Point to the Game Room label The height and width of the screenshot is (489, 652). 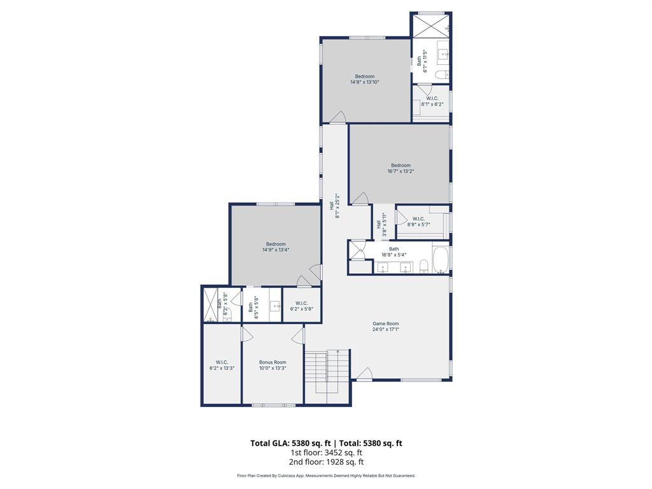click(x=386, y=323)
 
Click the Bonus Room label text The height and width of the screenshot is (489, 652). click(x=273, y=362)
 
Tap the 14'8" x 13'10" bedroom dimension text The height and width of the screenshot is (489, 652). click(x=365, y=82)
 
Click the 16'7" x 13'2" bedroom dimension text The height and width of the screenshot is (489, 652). click(x=400, y=171)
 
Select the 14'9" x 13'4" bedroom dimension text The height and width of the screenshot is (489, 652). click(x=276, y=250)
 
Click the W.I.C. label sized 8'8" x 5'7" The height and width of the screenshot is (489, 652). click(x=418, y=219)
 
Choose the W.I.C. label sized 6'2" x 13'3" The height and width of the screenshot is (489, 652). click(x=222, y=362)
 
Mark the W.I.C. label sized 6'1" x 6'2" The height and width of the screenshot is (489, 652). click(x=432, y=98)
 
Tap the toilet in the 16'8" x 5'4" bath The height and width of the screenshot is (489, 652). click(x=423, y=265)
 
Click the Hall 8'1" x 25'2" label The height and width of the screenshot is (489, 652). click(x=334, y=206)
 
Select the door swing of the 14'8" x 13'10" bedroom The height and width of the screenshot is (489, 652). click(x=337, y=117)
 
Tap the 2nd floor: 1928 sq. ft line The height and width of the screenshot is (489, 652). click(x=326, y=462)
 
